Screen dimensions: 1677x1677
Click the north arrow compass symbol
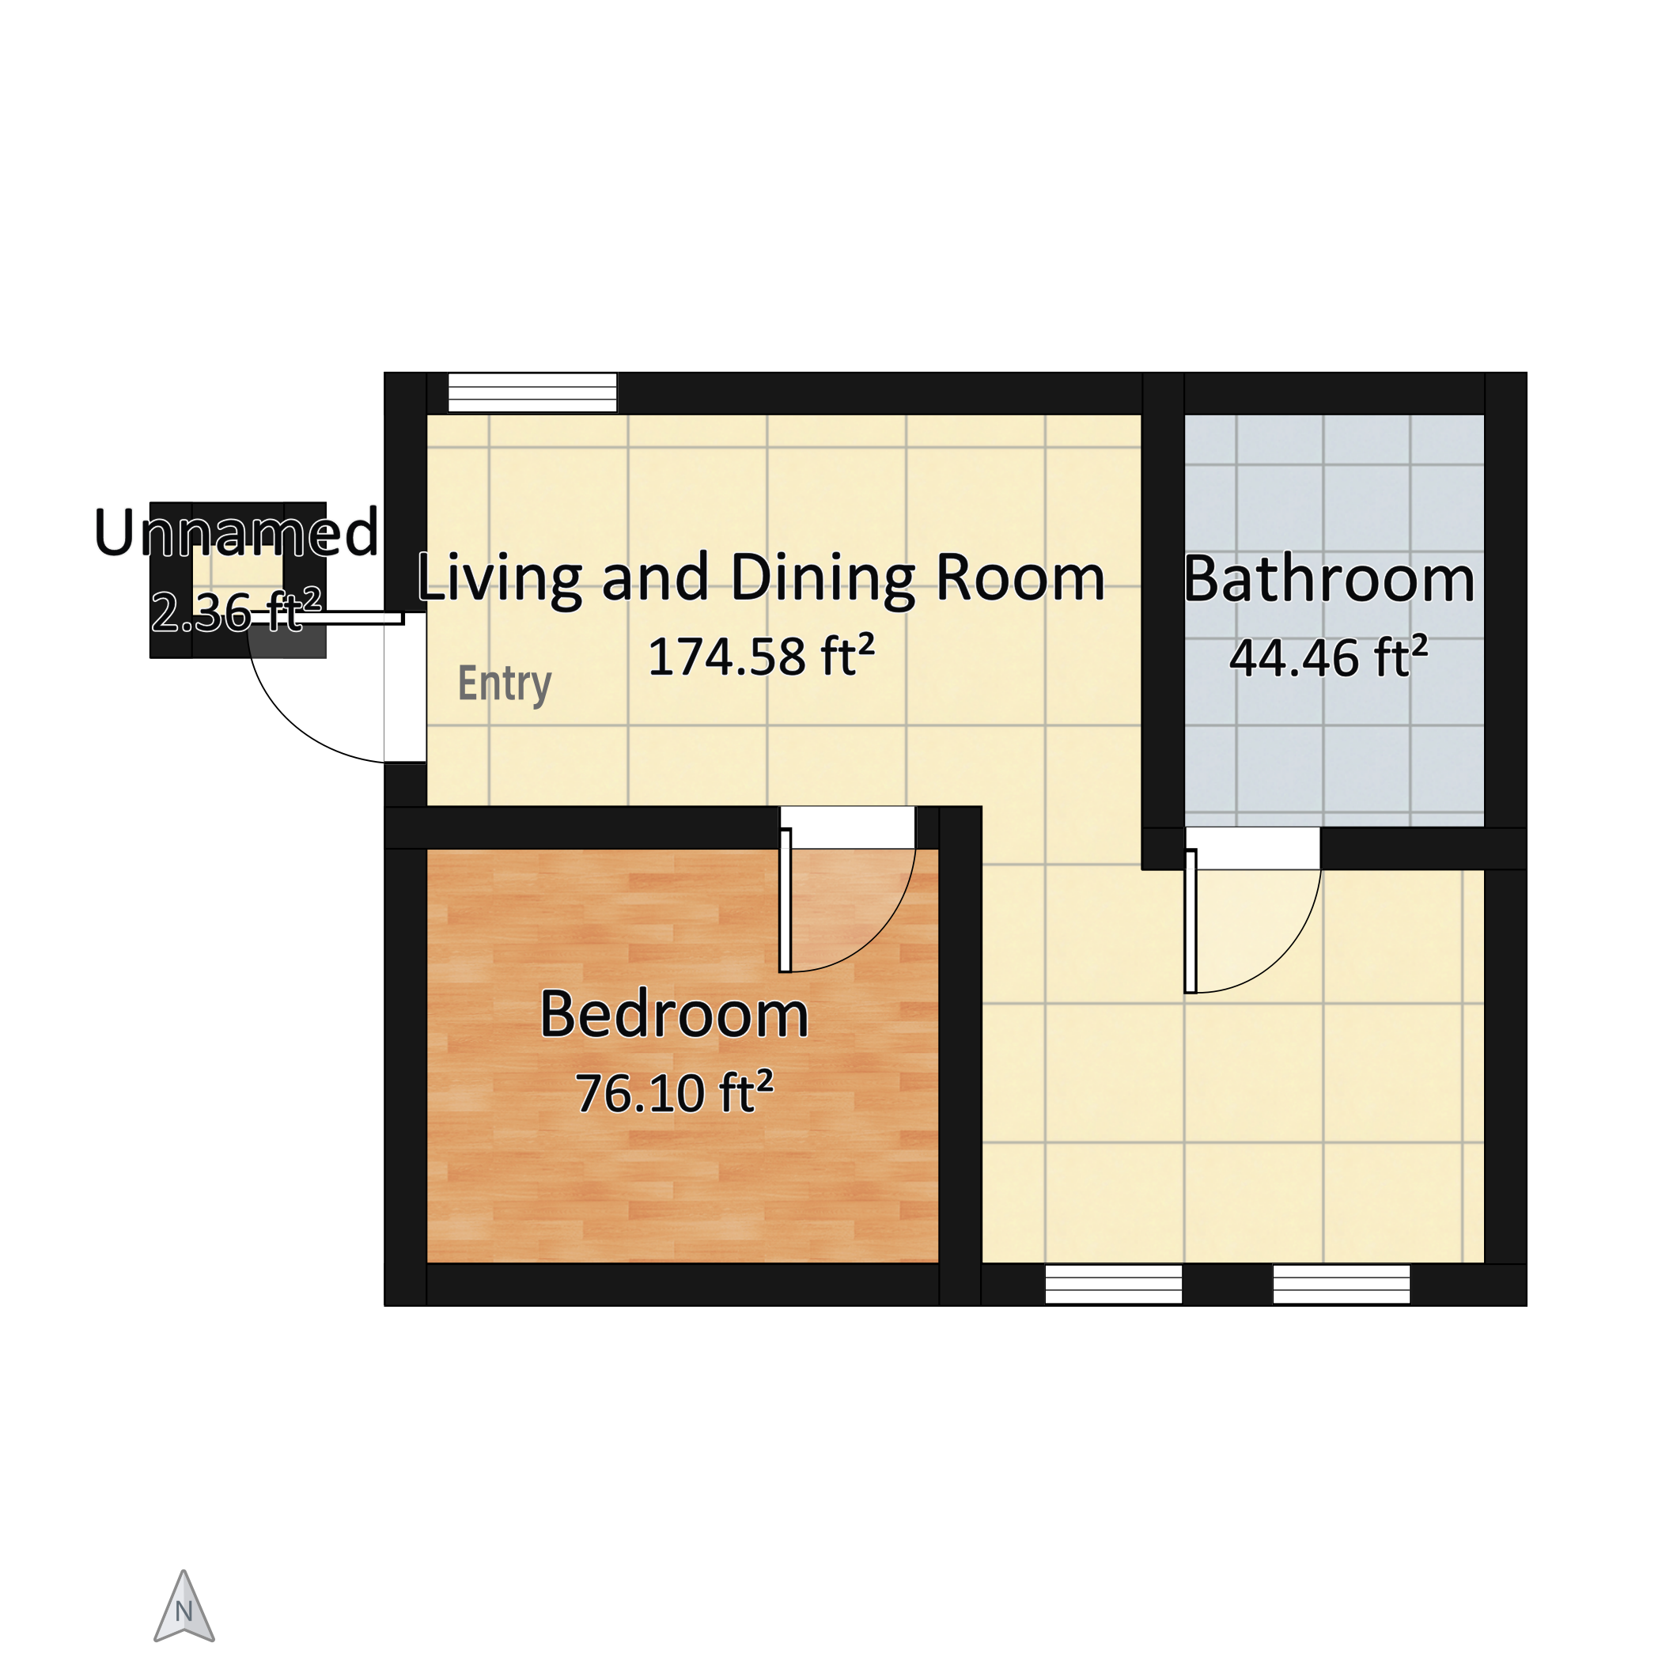(x=184, y=1607)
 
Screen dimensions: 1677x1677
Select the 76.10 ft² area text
(x=675, y=1093)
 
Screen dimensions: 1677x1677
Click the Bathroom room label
(x=1329, y=579)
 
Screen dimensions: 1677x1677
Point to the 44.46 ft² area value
(x=1329, y=657)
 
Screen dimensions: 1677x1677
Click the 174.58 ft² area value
(x=761, y=657)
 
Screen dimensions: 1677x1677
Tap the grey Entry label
(x=505, y=684)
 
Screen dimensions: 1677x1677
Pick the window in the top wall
(x=532, y=392)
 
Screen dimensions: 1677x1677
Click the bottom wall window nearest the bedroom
(x=1114, y=1284)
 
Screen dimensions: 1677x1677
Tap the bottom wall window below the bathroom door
(x=1341, y=1284)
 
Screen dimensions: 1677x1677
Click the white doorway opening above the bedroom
(x=847, y=828)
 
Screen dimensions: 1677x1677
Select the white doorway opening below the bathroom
(x=1252, y=849)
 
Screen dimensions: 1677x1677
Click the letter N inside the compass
(x=184, y=1613)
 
